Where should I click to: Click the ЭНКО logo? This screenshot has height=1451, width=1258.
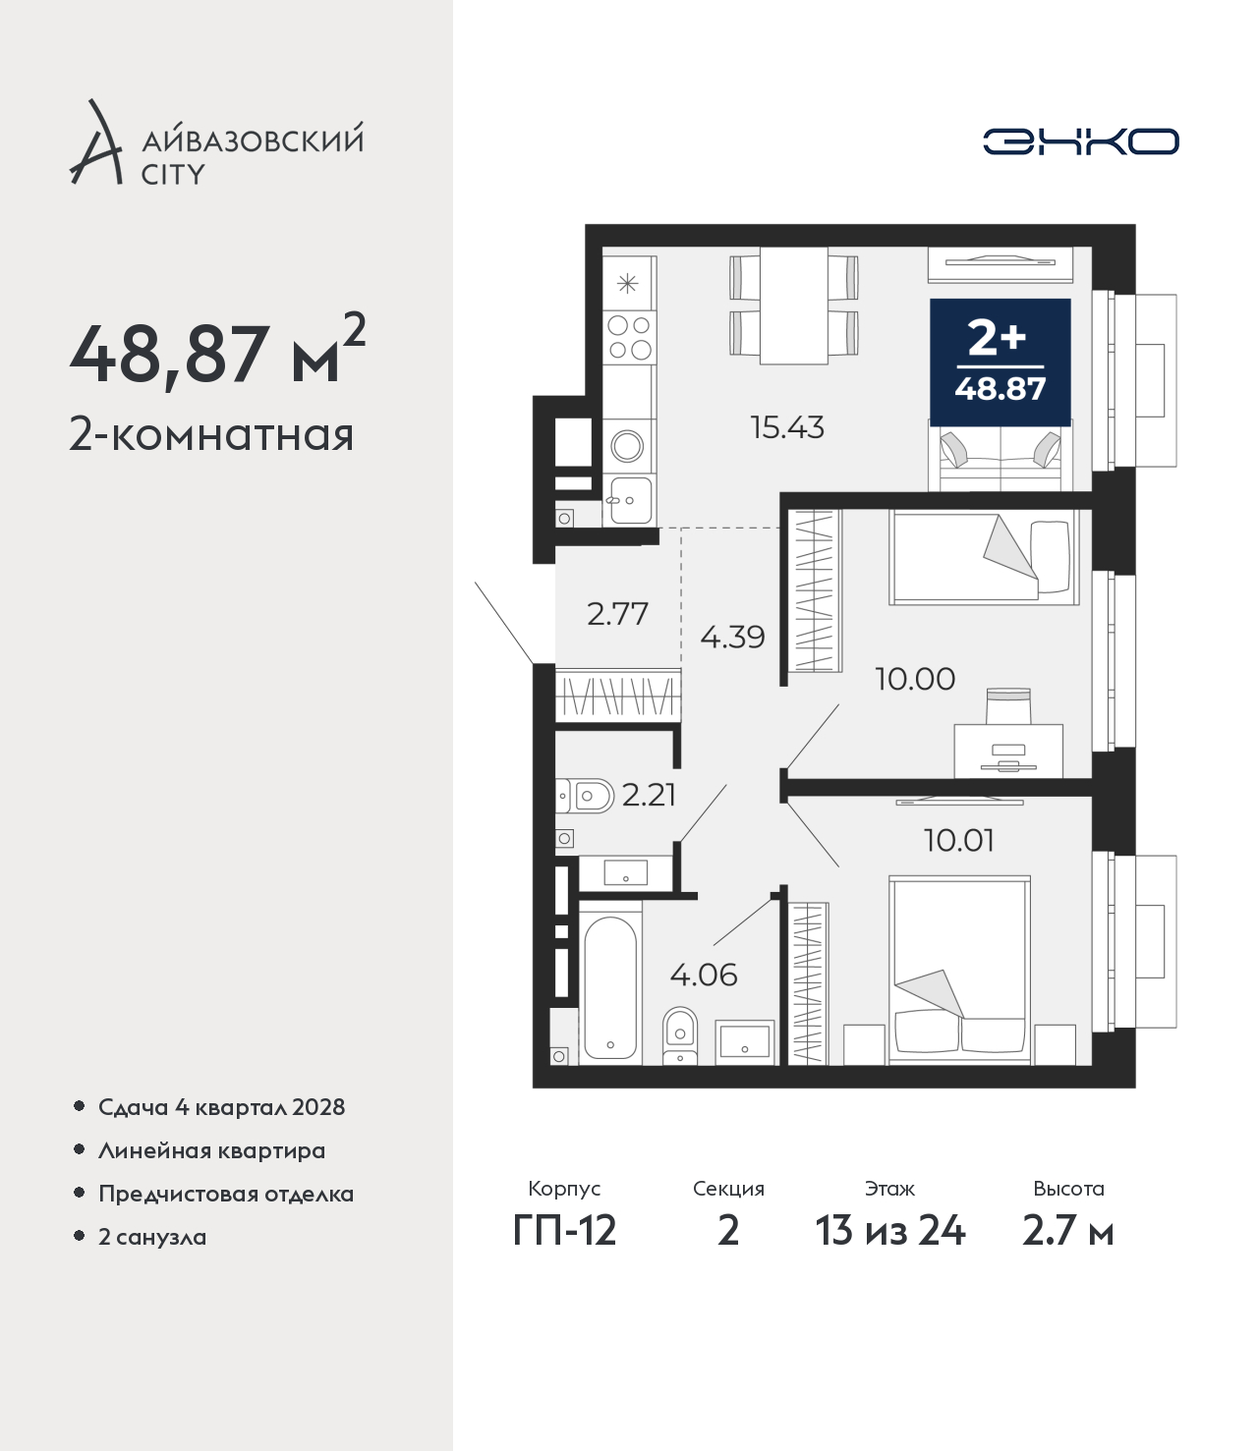tap(1080, 141)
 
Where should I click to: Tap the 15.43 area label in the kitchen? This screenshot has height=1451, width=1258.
tap(786, 426)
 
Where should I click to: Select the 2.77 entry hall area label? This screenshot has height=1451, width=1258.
tap(617, 614)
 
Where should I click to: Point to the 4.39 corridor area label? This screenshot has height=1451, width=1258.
tap(732, 637)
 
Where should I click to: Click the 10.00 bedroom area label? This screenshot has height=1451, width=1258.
tap(915, 679)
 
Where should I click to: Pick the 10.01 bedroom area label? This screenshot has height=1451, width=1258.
tap(959, 840)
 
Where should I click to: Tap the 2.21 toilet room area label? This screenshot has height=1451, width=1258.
tap(649, 796)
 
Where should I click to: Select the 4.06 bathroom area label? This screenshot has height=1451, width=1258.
tap(703, 976)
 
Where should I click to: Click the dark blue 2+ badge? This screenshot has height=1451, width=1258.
tap(1001, 362)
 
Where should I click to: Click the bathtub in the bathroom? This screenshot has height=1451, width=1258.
tap(610, 987)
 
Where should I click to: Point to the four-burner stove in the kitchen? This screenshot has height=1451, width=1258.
tap(629, 338)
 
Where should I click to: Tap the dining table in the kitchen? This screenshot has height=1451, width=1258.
tap(794, 306)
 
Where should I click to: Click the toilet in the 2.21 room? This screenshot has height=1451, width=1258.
tap(586, 796)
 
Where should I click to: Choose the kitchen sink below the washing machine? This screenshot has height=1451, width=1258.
tap(630, 500)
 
